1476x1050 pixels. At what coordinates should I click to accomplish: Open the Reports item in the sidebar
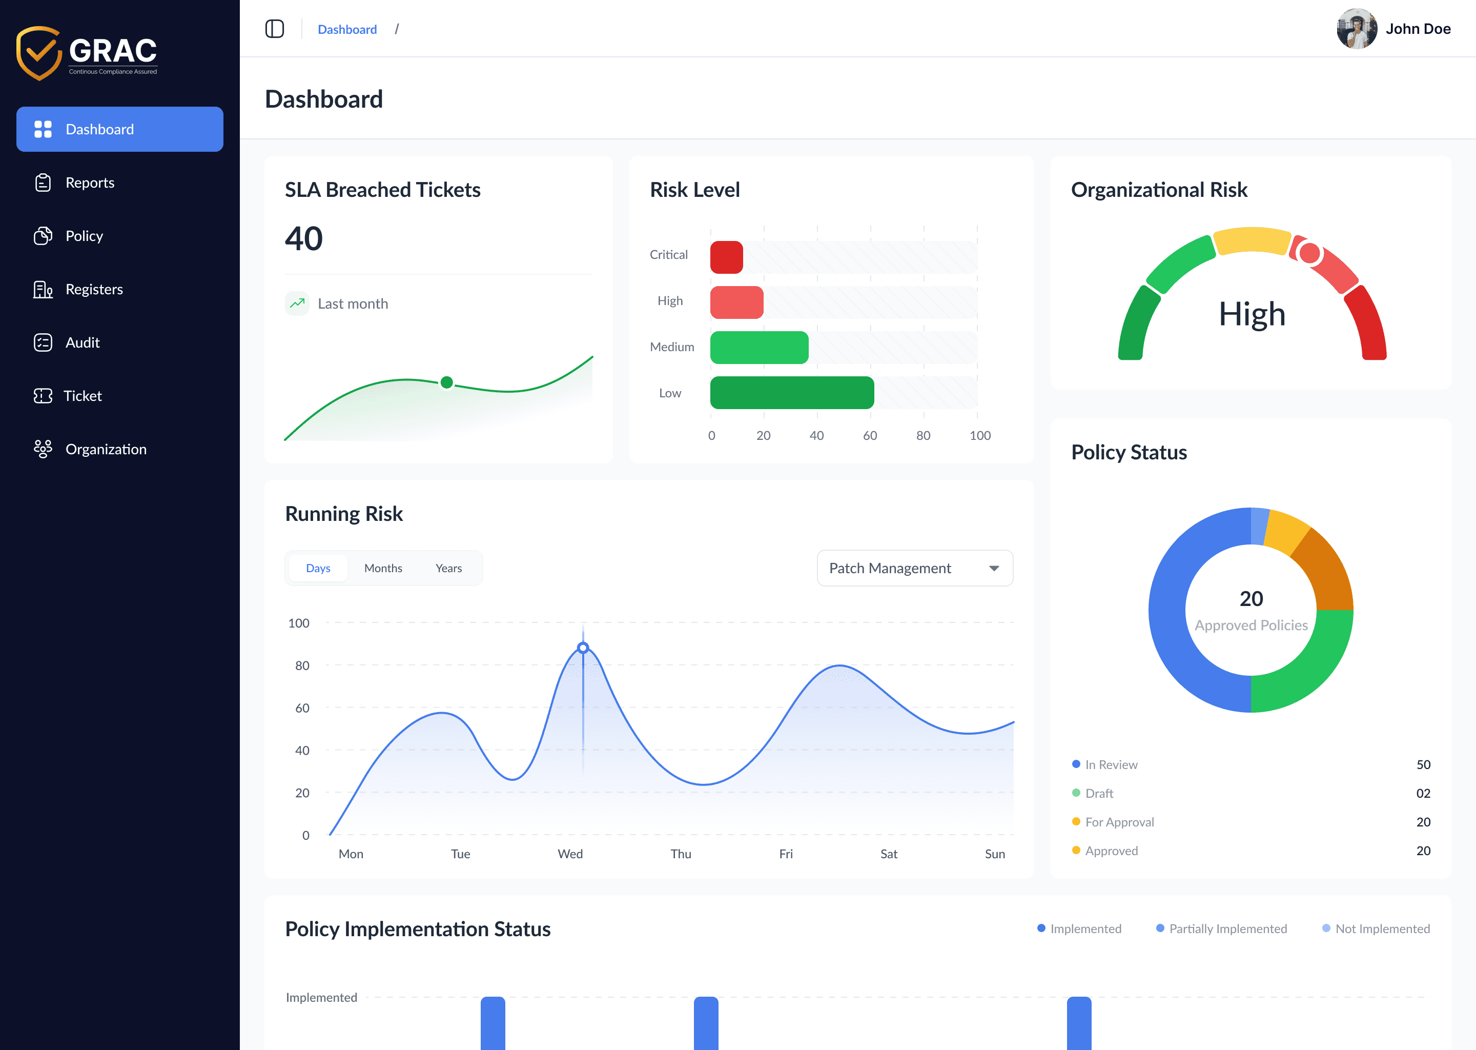click(89, 183)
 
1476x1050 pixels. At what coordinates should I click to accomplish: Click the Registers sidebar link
click(94, 289)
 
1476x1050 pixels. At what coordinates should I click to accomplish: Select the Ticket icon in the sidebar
click(43, 396)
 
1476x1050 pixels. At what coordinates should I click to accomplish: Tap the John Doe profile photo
click(1357, 29)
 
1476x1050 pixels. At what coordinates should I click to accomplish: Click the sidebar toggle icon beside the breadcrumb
click(274, 29)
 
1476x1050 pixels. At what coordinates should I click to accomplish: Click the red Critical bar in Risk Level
click(726, 257)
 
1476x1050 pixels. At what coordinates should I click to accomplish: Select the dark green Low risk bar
click(792, 392)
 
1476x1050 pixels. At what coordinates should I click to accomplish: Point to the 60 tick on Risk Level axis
click(870, 435)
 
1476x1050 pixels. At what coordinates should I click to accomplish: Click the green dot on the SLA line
click(446, 382)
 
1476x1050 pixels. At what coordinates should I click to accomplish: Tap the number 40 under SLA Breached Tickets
click(304, 238)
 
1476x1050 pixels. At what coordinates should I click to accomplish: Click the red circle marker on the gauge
click(1309, 253)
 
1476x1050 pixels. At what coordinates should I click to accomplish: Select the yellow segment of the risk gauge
click(1252, 240)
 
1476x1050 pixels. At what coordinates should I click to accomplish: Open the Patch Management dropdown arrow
click(994, 568)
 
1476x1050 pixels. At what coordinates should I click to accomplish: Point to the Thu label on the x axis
click(681, 854)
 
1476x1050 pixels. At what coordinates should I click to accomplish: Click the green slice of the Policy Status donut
click(1305, 666)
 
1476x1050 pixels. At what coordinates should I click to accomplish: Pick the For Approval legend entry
click(1119, 822)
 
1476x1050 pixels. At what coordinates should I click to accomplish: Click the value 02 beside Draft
click(1423, 793)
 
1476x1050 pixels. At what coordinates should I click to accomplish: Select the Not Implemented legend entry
click(1382, 928)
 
